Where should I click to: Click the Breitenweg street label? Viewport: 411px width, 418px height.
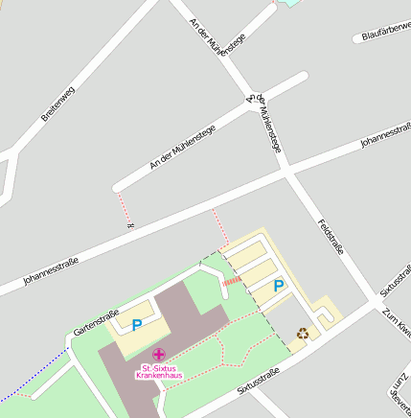58,104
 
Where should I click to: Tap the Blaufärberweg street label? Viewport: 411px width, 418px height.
383,33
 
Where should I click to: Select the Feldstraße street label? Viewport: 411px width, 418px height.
331,236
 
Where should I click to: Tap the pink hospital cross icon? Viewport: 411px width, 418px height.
158,355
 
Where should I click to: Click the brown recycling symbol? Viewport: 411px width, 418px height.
303,334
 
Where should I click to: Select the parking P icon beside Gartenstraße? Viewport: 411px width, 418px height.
137,325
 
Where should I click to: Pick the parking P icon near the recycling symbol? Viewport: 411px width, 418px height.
279,286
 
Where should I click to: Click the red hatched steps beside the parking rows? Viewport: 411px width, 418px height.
232,281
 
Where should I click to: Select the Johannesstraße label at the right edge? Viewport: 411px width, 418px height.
385,135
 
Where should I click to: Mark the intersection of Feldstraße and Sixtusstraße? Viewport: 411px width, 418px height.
373,305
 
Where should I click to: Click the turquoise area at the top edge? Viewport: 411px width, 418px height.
287,3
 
